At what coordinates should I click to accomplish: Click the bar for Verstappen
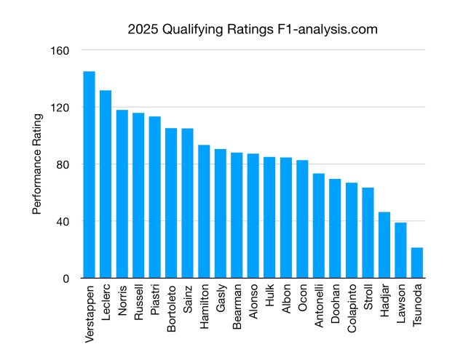(89, 175)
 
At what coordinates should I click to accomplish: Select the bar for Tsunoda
(416, 263)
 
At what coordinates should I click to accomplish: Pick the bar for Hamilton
(204, 212)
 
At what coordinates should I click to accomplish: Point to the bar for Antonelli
(318, 225)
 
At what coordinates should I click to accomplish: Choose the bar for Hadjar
(384, 245)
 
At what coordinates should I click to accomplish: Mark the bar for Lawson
(400, 250)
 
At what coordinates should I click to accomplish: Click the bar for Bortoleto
(171, 203)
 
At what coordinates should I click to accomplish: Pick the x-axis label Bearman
(237, 306)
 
